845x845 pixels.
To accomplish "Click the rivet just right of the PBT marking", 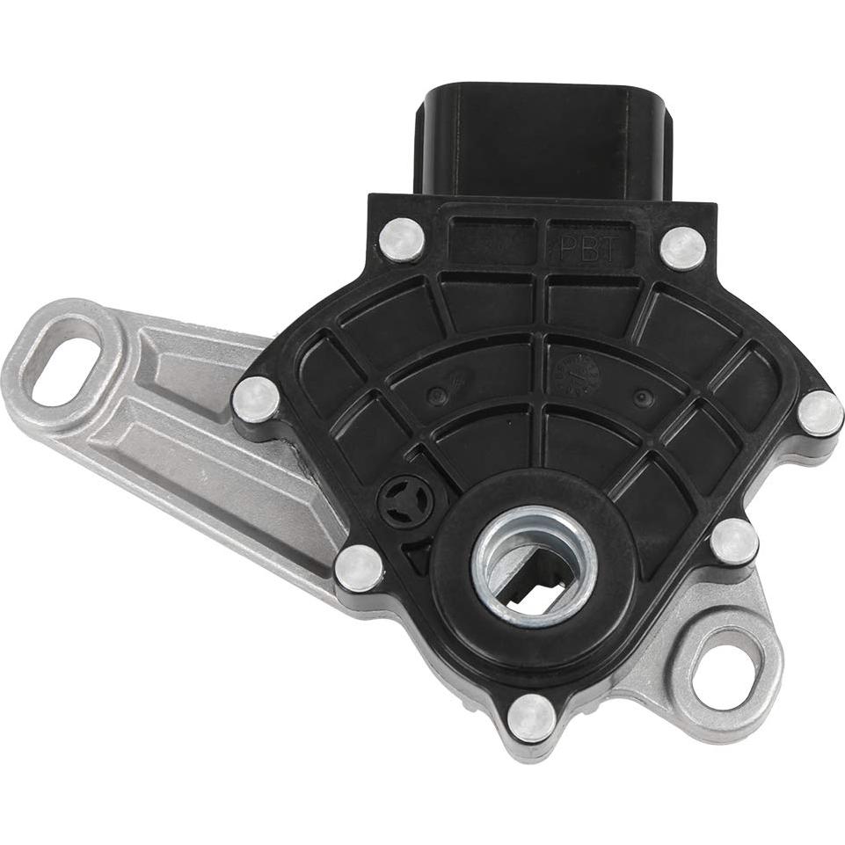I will coord(682,248).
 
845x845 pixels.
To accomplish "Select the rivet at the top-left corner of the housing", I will coord(402,238).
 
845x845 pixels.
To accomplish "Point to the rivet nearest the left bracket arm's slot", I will coord(257,399).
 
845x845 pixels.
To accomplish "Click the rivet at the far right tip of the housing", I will coord(820,412).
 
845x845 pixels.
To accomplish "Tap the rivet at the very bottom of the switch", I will coord(532,718).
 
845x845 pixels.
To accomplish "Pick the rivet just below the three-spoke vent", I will coord(359,568).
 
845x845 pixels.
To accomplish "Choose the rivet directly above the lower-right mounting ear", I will coord(734,542).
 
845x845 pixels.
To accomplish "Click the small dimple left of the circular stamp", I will coord(435,393).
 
